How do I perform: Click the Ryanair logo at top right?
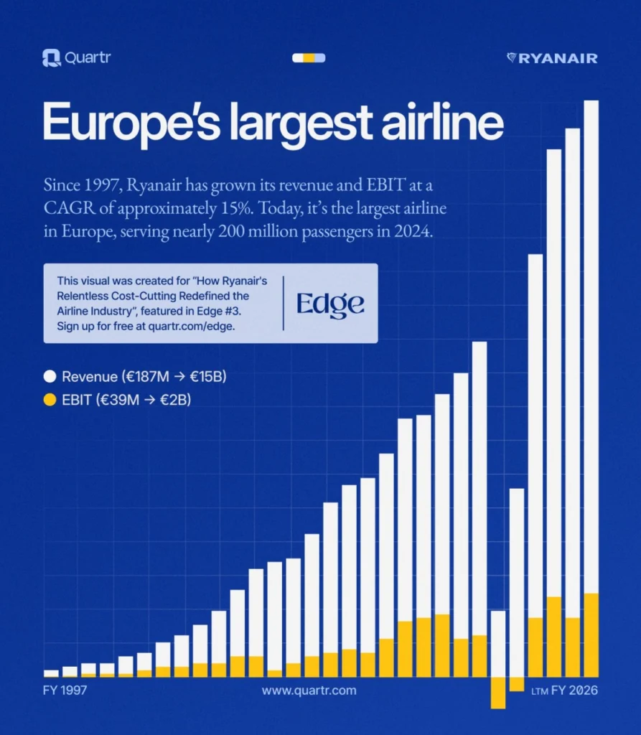pos(552,58)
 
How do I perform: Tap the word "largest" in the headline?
pos(299,124)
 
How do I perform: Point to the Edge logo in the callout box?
pos(330,304)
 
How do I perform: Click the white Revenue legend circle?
pos(50,376)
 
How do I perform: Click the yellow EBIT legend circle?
pos(50,400)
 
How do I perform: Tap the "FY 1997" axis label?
pos(65,690)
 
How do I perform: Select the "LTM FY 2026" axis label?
pos(564,691)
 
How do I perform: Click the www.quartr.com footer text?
pos(309,690)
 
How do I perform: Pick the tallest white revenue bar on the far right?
pos(591,345)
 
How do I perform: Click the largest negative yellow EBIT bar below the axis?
pos(497,693)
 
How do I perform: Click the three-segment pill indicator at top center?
pos(309,58)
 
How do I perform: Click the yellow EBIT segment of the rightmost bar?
pos(591,635)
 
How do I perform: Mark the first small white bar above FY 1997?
pos(51,673)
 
